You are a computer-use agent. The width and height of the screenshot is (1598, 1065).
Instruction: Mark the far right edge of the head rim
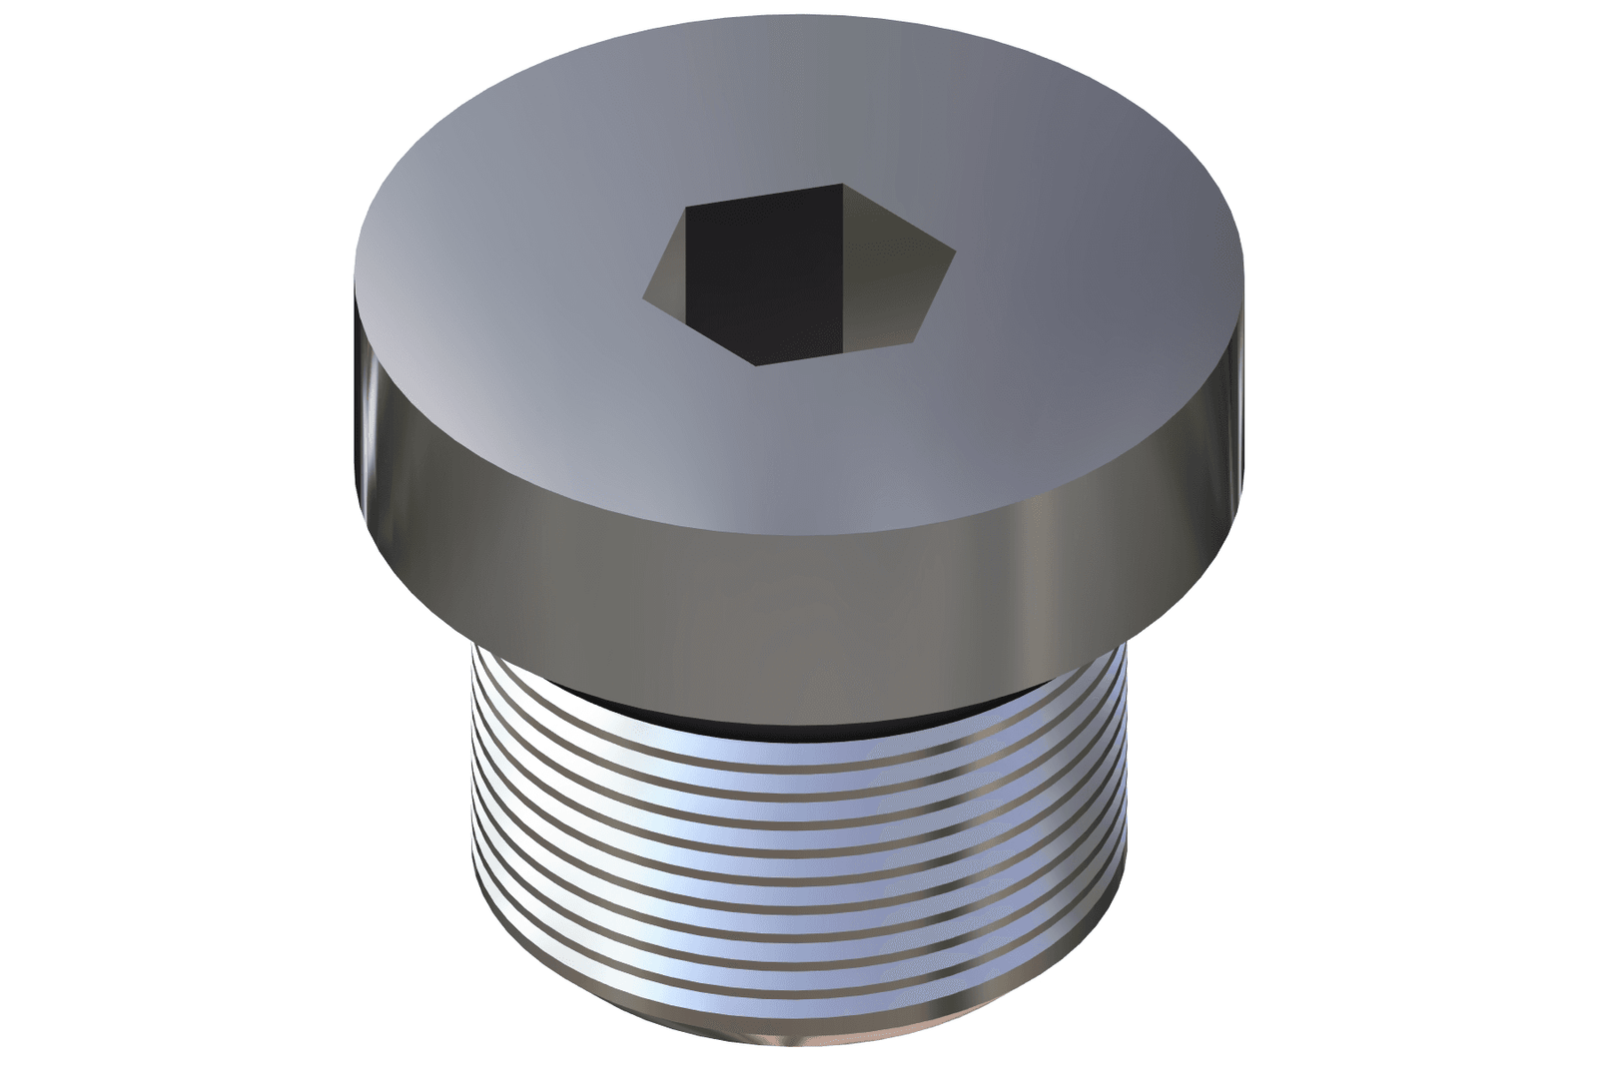click(x=1245, y=379)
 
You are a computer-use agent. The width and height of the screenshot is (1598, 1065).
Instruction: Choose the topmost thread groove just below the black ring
click(x=799, y=744)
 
